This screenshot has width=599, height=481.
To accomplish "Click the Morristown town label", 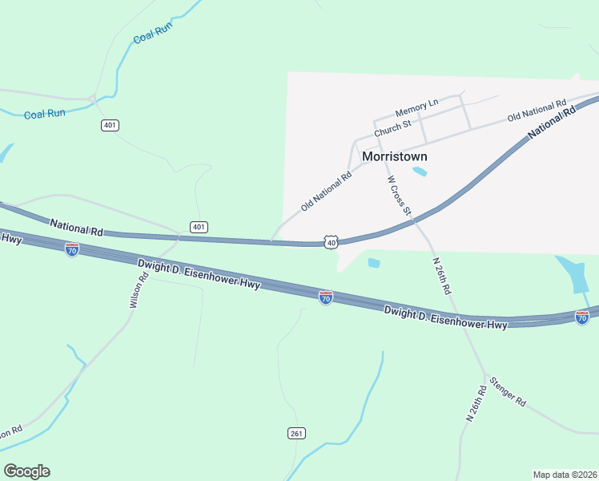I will point(395,156).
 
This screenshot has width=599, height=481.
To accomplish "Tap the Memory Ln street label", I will point(417,107).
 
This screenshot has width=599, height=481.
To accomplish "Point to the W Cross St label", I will point(399,196).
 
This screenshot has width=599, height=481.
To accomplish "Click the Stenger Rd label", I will point(508,390).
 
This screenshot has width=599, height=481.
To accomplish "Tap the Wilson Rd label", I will point(139,290).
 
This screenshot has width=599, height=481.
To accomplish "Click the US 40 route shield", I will point(332,241).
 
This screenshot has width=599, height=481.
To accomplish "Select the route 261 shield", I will point(296,433).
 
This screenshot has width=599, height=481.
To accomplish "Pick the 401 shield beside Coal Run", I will point(111,125).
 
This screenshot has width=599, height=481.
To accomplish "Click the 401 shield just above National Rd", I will point(199,227).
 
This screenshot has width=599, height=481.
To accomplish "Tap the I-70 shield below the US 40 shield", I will point(325,297).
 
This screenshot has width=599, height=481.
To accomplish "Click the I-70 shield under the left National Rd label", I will point(72,249).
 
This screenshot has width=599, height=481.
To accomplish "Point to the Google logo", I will point(26,471).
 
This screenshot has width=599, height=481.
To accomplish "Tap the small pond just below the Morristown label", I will point(419,171).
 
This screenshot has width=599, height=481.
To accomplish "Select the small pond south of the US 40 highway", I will point(373,262).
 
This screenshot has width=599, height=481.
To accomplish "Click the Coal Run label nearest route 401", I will point(45,114).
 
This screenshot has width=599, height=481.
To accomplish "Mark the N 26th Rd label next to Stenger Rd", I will point(477,404).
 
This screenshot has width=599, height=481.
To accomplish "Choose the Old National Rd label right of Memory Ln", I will point(537,111).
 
